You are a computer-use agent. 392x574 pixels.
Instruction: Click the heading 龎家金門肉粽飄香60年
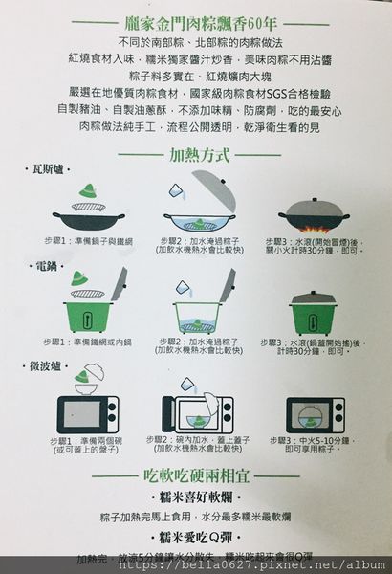pos(196,21)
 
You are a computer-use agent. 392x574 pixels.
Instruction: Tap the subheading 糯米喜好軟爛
pos(196,498)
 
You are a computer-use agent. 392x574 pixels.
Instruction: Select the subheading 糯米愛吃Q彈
pos(196,537)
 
